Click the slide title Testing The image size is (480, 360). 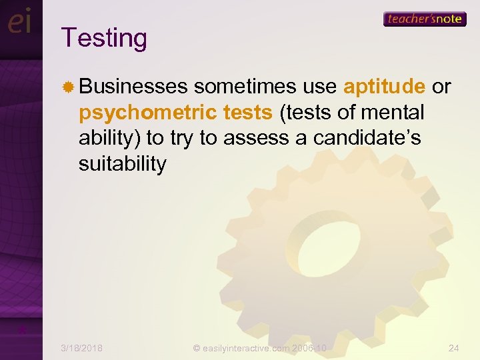click(x=103, y=38)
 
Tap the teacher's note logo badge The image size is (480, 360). click(x=424, y=19)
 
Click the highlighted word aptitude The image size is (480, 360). click(x=384, y=87)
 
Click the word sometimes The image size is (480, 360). click(x=244, y=87)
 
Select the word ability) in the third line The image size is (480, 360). click(x=109, y=138)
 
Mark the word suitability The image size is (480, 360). click(x=122, y=163)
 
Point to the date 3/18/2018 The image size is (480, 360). click(x=81, y=347)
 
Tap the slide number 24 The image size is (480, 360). click(x=454, y=347)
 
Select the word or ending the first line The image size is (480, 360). click(x=441, y=87)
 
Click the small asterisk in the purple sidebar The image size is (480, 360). click(x=21, y=330)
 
